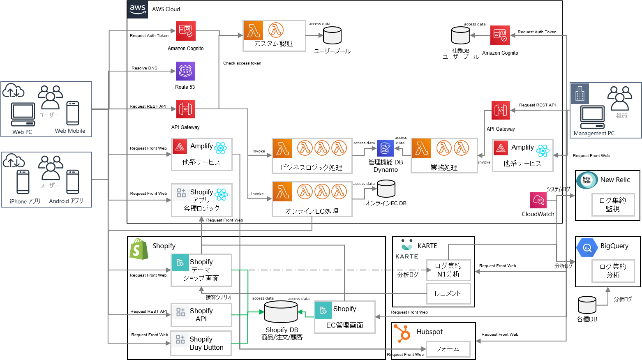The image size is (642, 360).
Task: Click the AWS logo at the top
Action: point(137,9)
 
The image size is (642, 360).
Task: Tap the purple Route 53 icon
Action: point(185,71)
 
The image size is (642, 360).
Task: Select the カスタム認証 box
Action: point(274,36)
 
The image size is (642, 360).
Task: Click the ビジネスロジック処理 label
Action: point(312,167)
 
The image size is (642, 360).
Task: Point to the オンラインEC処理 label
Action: point(312,211)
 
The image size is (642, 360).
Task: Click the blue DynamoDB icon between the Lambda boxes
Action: point(385,148)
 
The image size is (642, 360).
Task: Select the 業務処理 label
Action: point(444,167)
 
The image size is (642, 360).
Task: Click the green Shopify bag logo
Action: point(139,249)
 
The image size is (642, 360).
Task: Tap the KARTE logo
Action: point(406,249)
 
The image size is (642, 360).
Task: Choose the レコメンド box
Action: point(448,293)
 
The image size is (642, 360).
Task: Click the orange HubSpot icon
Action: point(402,333)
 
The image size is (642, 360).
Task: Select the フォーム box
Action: point(448,349)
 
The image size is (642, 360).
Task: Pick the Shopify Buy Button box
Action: point(201,343)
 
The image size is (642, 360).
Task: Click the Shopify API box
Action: point(201,315)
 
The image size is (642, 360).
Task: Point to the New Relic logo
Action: point(587,180)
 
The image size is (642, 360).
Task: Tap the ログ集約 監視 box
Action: point(613,205)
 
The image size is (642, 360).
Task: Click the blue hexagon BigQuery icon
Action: point(587,248)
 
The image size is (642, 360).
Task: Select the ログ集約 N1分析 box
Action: point(448,270)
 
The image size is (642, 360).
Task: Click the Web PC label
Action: point(22,132)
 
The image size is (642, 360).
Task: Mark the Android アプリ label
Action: point(66,201)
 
